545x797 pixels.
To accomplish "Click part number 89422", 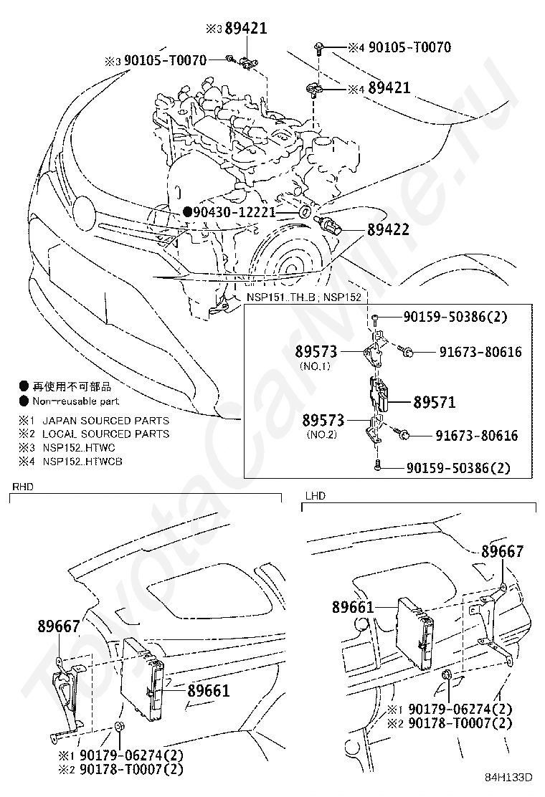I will click(388, 229).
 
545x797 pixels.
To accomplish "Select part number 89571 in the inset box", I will click(434, 403).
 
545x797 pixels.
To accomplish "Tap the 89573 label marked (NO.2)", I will click(323, 420).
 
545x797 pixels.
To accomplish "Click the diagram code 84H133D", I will click(508, 777).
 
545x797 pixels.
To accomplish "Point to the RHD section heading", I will click(24, 487).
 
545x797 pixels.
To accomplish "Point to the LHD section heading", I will click(316, 495).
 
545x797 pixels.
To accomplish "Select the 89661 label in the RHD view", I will click(209, 690).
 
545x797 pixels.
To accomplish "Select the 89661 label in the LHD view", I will click(353, 606).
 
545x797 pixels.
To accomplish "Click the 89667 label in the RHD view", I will click(59, 626).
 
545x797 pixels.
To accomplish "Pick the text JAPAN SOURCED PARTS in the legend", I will click(105, 421).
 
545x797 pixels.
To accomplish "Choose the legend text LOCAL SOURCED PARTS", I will click(105, 434).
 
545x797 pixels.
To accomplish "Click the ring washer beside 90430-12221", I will click(304, 212).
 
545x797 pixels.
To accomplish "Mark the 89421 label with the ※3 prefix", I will click(245, 29).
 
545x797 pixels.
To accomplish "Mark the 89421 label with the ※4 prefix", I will click(389, 88).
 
